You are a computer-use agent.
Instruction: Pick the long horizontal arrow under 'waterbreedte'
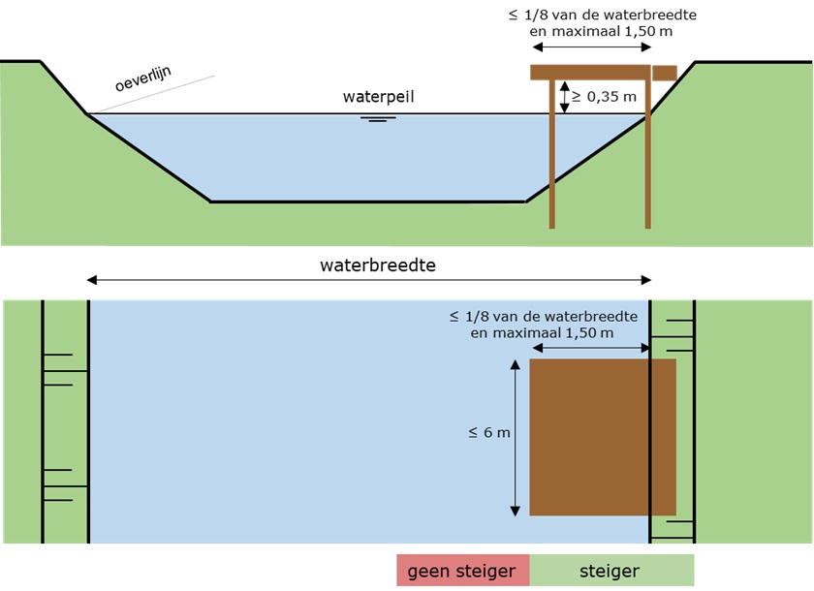pyautogui.click(x=368, y=280)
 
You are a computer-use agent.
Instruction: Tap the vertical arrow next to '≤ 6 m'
pyautogui.click(x=514, y=436)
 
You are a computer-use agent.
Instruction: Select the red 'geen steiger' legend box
pyautogui.click(x=462, y=571)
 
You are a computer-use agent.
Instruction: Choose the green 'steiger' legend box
pyautogui.click(x=611, y=571)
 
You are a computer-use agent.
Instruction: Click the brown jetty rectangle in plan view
pyautogui.click(x=602, y=437)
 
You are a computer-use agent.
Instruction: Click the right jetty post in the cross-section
pyautogui.click(x=647, y=174)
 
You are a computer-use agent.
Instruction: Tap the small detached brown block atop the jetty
pyautogui.click(x=664, y=73)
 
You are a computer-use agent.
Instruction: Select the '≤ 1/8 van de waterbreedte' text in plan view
pyautogui.click(x=543, y=316)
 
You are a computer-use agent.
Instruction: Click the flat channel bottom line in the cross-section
pyautogui.click(x=368, y=202)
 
